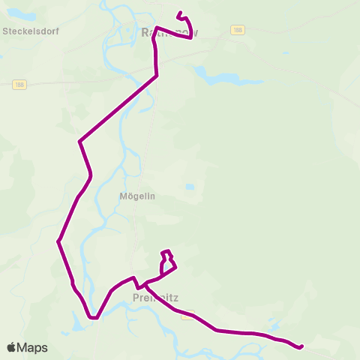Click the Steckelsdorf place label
click(x=31, y=31)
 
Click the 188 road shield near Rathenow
click(x=238, y=30)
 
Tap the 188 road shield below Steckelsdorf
click(x=19, y=85)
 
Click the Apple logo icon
click(x=11, y=347)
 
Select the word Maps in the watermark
click(x=32, y=347)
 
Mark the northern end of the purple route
click(x=178, y=13)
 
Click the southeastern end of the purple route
click(x=301, y=346)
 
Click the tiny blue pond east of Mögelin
click(x=190, y=187)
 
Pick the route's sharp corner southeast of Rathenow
click(x=157, y=76)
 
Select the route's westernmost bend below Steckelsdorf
click(x=58, y=241)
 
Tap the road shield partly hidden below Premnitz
click(x=187, y=315)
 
